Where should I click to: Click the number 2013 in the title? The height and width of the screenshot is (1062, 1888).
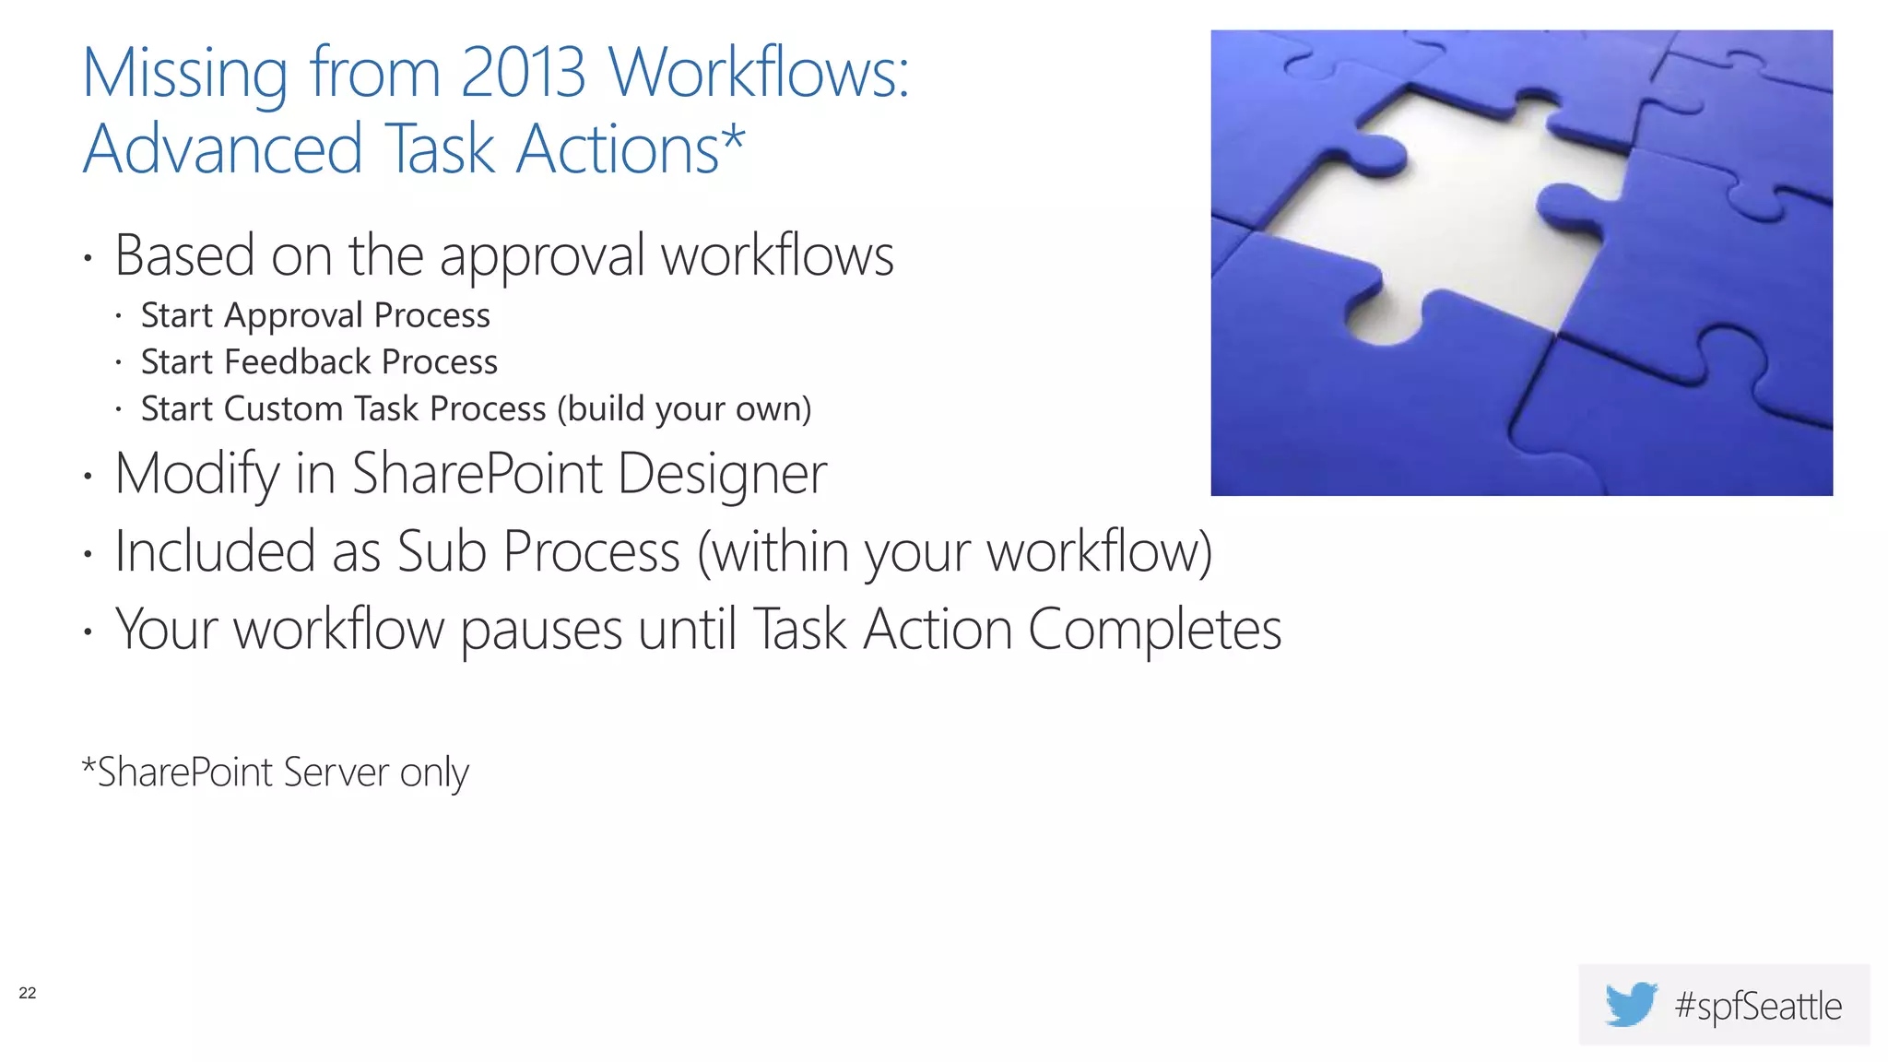coord(523,72)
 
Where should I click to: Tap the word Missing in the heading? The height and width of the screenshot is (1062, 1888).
coord(184,74)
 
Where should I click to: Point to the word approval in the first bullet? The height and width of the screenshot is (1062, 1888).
coord(542,257)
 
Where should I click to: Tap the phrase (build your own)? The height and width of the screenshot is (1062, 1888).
coord(684,409)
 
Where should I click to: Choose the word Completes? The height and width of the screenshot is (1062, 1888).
coord(1154,631)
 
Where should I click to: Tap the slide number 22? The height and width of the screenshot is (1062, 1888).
coord(28,993)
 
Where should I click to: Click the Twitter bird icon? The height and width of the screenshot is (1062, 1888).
coord(1630,1004)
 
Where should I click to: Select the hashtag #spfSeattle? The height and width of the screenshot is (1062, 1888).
coord(1758,1006)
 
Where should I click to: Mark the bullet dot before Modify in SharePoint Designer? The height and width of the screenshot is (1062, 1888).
coord(88,477)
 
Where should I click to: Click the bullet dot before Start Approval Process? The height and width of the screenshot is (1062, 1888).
coord(119,317)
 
